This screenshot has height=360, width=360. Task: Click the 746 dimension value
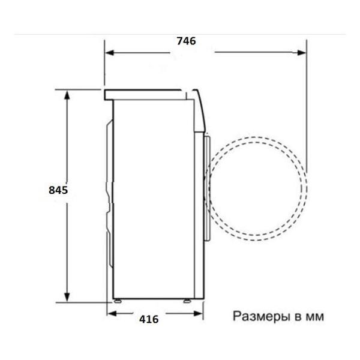point(186,41)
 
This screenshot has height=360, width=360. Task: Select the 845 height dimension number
point(58,190)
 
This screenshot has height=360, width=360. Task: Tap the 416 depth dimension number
point(149,319)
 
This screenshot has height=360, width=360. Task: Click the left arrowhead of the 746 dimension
point(110,53)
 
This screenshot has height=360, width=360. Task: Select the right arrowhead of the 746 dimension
point(301,53)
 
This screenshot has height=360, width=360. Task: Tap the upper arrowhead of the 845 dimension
point(67,95)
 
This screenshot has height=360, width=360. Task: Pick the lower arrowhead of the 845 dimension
point(67,297)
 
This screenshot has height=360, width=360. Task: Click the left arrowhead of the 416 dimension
point(112,313)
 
